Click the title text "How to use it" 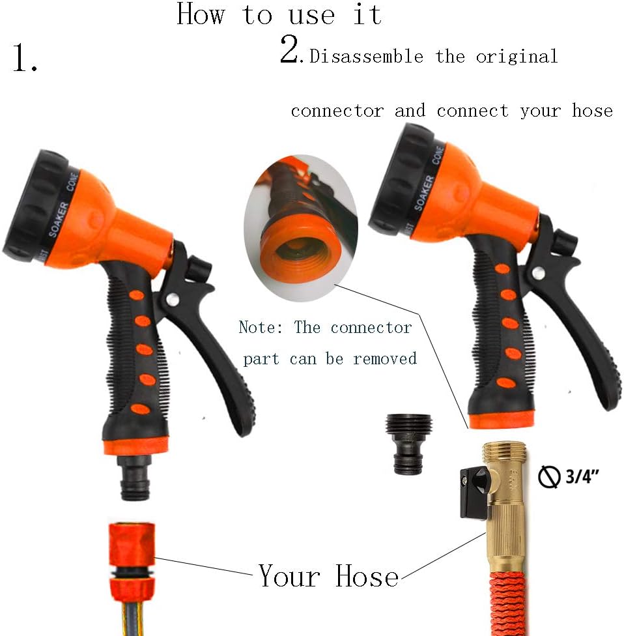coord(279,14)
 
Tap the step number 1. coord(25,59)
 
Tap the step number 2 coord(289,51)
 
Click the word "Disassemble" coord(366,57)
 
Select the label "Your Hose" coord(328,576)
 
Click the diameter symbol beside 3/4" coord(548,478)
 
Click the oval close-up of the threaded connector coord(301,228)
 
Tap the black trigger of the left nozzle coord(215,345)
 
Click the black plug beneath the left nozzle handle coord(135,479)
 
